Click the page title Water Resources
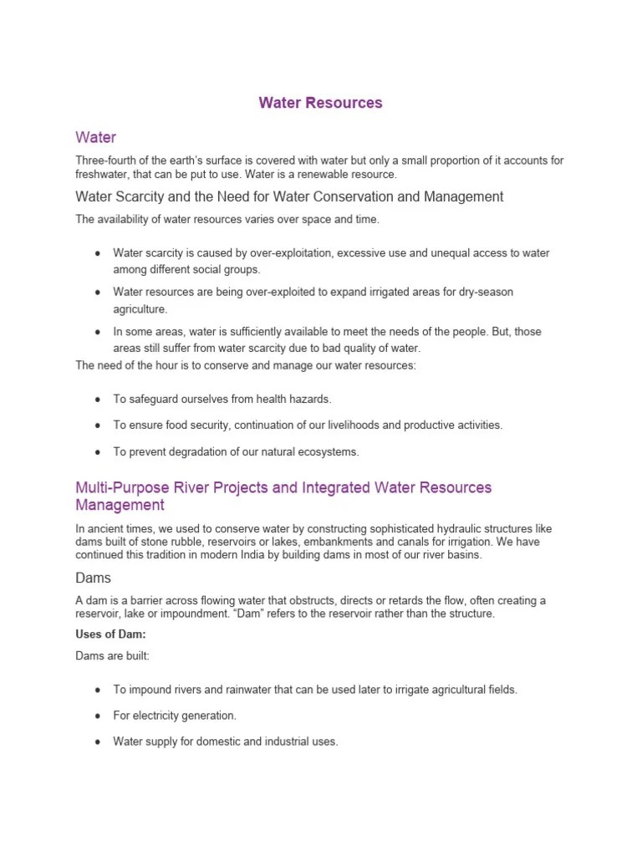(x=320, y=103)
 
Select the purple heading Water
(x=95, y=136)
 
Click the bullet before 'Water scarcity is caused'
(x=98, y=252)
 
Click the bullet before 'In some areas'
(x=98, y=332)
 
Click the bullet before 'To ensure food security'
(x=98, y=425)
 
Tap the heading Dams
(x=93, y=578)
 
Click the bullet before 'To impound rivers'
(x=98, y=690)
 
